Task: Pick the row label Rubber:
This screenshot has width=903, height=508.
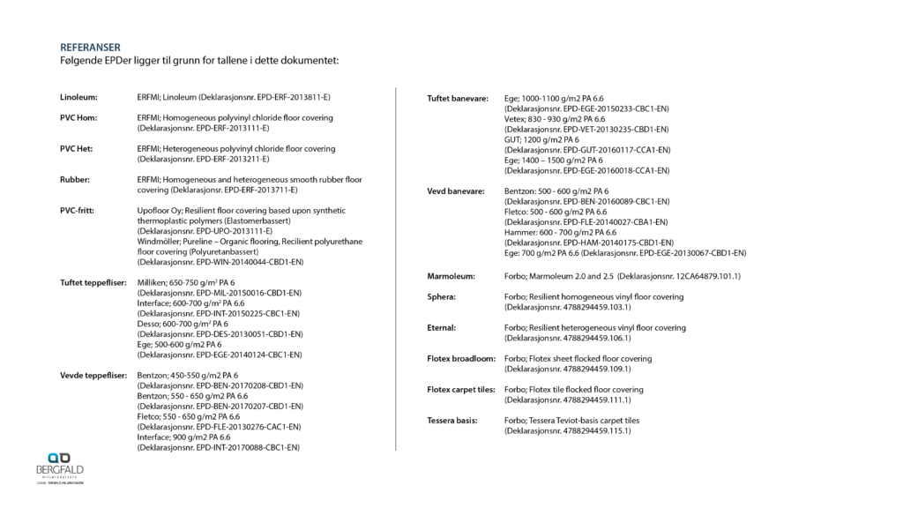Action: pyautogui.click(x=75, y=179)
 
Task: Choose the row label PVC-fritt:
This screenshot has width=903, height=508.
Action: pyautogui.click(x=78, y=211)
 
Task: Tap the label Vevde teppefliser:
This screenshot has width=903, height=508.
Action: pyautogui.click(x=92, y=376)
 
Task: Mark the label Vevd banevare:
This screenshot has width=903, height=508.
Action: pyautogui.click(x=455, y=191)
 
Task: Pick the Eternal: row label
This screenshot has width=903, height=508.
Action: pyautogui.click(x=443, y=328)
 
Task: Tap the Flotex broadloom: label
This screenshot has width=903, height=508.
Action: pyautogui.click(x=460, y=359)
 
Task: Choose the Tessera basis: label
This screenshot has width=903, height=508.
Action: pyautogui.click(x=453, y=421)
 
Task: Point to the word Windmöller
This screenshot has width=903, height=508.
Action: pyautogui.click(x=160, y=242)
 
